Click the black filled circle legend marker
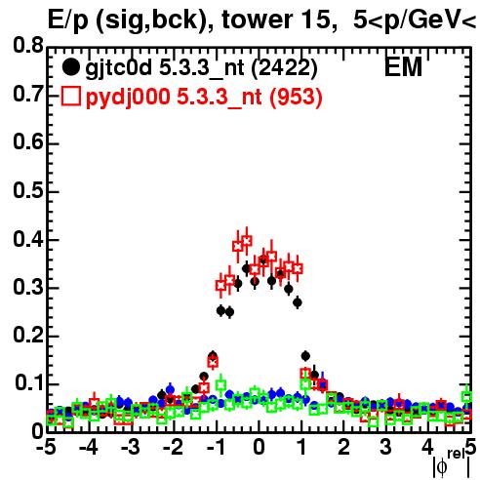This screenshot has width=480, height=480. [x=70, y=67]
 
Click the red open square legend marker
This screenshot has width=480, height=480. [x=70, y=97]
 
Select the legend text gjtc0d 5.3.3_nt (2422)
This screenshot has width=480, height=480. [x=201, y=68]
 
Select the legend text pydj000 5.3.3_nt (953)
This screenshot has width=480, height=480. [x=204, y=97]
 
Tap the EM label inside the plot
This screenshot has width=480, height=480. [x=403, y=66]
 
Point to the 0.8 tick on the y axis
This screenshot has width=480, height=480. [x=28, y=46]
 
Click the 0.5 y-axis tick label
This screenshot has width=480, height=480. [x=28, y=190]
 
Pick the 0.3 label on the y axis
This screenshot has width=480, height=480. [x=28, y=287]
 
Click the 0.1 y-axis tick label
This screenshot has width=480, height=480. [x=29, y=382]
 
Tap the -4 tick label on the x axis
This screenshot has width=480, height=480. [x=89, y=448]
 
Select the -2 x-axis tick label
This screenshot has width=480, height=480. [x=173, y=448]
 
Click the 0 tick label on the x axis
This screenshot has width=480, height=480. [x=259, y=448]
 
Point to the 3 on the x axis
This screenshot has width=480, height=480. [x=385, y=448]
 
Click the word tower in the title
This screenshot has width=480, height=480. [x=257, y=20]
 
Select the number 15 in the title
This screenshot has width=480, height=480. [x=315, y=20]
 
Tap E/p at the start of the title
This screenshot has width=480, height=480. [x=67, y=20]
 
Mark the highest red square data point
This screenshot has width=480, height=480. [x=247, y=241]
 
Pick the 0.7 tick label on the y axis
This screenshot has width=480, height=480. [x=28, y=94]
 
